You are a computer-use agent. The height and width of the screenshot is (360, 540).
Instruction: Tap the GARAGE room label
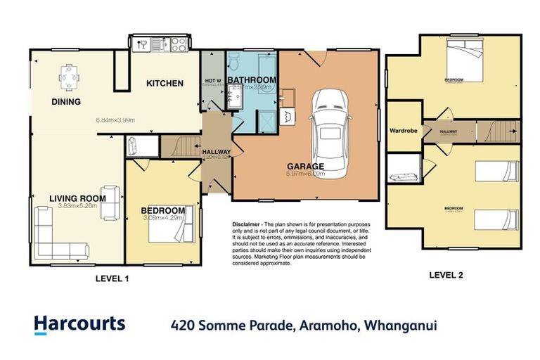[305, 167]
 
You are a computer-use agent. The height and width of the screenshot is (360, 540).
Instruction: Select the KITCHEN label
[165, 84]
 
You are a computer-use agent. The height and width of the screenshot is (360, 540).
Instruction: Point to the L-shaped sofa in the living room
[59, 236]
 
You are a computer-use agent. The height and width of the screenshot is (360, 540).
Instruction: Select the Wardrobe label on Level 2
[404, 130]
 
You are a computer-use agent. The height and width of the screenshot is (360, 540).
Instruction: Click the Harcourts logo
[79, 324]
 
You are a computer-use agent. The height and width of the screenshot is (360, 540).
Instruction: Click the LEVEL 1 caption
[112, 279]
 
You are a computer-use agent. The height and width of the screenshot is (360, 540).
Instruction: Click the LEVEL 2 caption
[446, 275]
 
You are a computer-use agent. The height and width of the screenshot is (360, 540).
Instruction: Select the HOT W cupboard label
[212, 80]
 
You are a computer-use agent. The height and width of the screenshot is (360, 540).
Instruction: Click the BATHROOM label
[252, 80]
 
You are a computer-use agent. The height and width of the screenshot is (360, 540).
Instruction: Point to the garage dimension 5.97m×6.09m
[305, 174]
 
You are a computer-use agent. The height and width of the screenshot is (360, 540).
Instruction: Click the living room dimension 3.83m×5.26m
[77, 205]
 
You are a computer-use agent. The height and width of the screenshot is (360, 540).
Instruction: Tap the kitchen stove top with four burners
[178, 44]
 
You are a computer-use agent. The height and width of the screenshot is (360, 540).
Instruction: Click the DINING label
[66, 102]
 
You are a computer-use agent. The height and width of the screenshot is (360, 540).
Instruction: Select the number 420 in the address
[184, 325]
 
